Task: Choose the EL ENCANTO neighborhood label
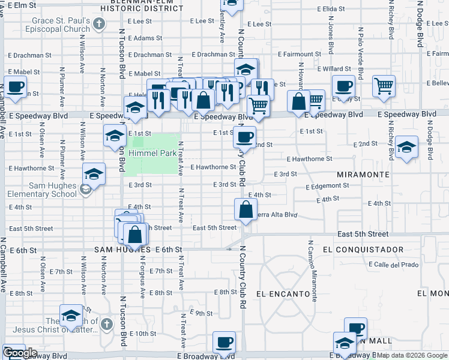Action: [x=283, y=294]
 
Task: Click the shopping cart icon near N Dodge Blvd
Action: [x=384, y=85]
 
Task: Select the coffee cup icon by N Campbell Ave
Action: [x=15, y=86]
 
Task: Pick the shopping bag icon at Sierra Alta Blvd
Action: [x=246, y=209]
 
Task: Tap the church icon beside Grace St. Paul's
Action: [x=100, y=25]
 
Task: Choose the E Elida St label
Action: [x=333, y=10]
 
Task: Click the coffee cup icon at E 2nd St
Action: [x=245, y=137]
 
